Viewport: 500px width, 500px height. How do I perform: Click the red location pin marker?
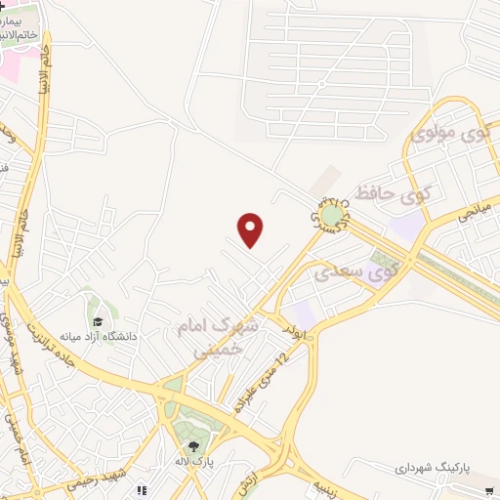tap(252, 229)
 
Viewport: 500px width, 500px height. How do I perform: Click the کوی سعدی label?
tap(355, 271)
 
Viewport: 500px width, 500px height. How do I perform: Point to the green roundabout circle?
tap(333, 214)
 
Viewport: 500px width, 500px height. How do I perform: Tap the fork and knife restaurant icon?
tap(143, 490)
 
